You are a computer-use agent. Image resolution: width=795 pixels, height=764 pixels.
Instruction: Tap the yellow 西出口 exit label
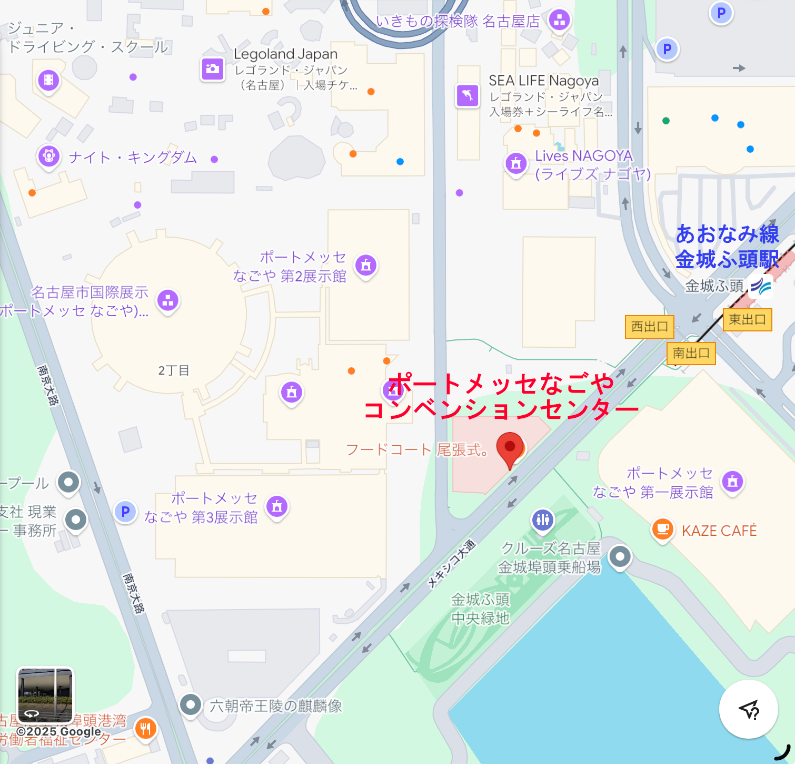pyautogui.click(x=649, y=327)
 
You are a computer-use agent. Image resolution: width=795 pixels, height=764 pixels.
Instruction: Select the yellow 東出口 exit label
pyautogui.click(x=747, y=319)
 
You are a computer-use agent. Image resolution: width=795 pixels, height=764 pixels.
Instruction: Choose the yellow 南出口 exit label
pyautogui.click(x=691, y=353)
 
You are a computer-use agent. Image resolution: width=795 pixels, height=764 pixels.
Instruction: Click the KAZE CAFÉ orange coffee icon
pyautogui.click(x=663, y=529)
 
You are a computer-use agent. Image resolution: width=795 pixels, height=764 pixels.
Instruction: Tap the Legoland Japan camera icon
pyautogui.click(x=213, y=68)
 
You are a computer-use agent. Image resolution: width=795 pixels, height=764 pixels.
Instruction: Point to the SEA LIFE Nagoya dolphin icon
pyautogui.click(x=468, y=95)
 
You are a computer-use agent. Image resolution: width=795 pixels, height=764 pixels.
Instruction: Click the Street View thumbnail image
pyautogui.click(x=45, y=695)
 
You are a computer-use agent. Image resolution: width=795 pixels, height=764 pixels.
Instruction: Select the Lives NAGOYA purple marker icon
pyautogui.click(x=516, y=163)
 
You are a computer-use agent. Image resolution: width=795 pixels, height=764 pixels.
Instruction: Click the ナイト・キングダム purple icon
pyautogui.click(x=49, y=156)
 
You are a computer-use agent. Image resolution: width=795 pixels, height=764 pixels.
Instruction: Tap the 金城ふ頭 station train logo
pyautogui.click(x=761, y=286)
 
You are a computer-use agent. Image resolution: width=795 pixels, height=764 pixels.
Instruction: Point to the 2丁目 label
pyautogui.click(x=174, y=370)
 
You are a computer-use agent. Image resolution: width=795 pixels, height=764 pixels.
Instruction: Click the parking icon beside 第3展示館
pyautogui.click(x=125, y=511)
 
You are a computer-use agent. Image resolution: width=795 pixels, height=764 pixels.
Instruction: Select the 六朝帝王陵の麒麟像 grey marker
pyautogui.click(x=191, y=704)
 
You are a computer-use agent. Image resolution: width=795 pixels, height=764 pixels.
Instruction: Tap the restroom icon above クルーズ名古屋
pyautogui.click(x=543, y=520)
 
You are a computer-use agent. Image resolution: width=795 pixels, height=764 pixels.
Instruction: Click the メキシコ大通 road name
pyautogui.click(x=452, y=564)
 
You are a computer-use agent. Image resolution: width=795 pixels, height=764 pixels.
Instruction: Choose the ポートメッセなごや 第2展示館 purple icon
pyautogui.click(x=366, y=265)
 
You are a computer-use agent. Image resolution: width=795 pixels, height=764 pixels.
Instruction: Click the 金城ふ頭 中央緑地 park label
pyautogui.click(x=480, y=609)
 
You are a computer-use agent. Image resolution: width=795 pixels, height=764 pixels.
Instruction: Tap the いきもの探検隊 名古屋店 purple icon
pyautogui.click(x=560, y=21)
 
